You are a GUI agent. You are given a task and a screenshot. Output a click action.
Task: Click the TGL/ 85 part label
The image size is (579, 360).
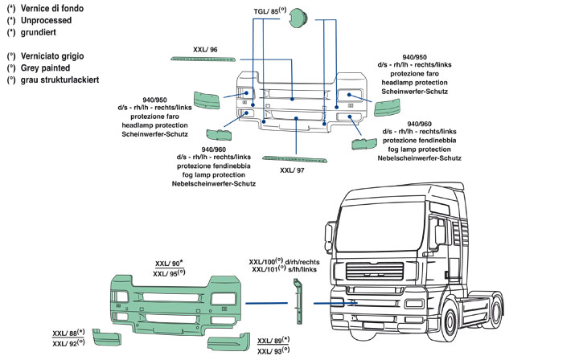point(269,13)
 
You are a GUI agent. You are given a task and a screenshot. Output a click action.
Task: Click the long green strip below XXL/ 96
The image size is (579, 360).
point(205,59)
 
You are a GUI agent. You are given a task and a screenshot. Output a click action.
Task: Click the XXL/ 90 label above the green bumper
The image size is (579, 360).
point(166,264)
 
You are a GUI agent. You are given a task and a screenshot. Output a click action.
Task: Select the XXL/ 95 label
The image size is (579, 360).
point(166,274)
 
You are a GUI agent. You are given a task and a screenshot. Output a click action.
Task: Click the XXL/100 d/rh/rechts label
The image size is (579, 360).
point(282,262)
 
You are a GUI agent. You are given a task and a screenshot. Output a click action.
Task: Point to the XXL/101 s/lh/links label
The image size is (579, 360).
point(282,271)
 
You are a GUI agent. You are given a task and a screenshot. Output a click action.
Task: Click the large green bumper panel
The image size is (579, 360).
point(169,305)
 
